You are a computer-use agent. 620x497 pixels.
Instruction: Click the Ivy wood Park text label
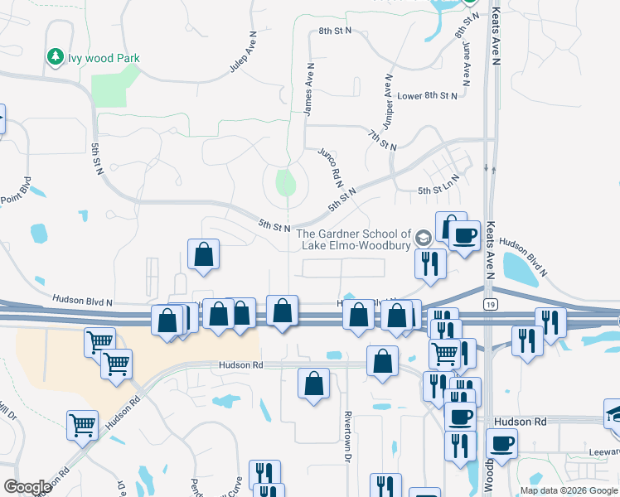pyautogui.click(x=104, y=58)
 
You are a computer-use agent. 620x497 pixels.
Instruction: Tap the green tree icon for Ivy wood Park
pyautogui.click(x=56, y=57)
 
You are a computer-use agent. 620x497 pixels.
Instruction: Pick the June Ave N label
pyautogui.click(x=467, y=65)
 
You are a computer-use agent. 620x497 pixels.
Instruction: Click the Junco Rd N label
pyautogui.click(x=331, y=166)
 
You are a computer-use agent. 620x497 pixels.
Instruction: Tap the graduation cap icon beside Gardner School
pyautogui.click(x=424, y=239)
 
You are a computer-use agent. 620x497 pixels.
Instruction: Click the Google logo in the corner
pyautogui.click(x=27, y=487)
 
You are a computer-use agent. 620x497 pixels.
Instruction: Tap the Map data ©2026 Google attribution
pyautogui.click(x=569, y=490)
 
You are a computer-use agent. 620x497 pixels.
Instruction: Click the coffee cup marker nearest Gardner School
pyautogui.click(x=464, y=236)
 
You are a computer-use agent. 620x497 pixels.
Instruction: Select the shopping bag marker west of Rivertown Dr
pyautogui.click(x=314, y=384)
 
